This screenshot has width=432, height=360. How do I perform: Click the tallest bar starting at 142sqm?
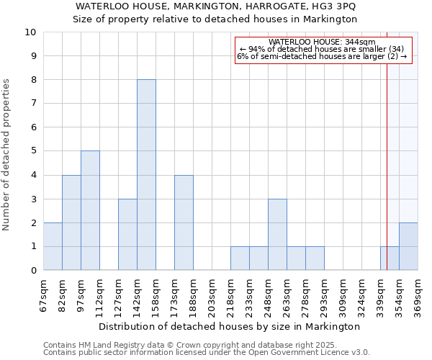tap(146, 175)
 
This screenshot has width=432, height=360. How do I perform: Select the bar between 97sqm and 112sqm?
tap(90, 211)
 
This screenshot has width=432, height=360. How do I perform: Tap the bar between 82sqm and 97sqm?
tap(71, 222)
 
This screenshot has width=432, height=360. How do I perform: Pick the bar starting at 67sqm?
tap(53, 246)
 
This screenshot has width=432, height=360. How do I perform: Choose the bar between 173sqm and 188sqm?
tap(184, 222)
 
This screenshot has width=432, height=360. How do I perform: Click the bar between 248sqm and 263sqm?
tap(277, 235)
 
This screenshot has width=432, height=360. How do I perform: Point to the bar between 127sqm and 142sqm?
tap(127, 235)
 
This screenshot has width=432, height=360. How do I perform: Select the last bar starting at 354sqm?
tap(408, 246)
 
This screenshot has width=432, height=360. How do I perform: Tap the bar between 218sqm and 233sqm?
tap(240, 258)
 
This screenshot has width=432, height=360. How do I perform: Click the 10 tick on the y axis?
tap(31, 32)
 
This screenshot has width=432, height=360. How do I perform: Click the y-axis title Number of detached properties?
tap(7, 156)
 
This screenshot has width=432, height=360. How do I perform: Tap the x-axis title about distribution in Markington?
tap(228, 326)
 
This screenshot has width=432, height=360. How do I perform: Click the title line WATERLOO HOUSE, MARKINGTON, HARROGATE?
tap(215, 6)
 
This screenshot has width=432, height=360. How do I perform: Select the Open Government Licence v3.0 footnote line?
tap(207, 353)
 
